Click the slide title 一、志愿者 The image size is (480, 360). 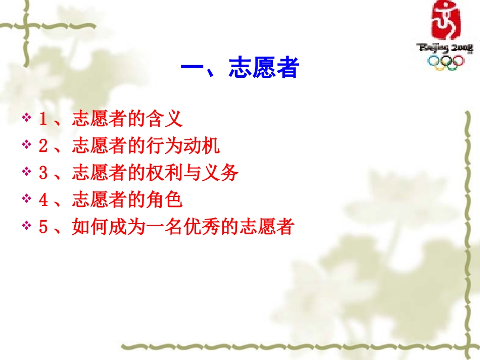pos(240,68)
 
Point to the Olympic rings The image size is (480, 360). pos(445,62)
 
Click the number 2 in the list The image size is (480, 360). pos(43,147)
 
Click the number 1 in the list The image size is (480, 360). pos(43,120)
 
